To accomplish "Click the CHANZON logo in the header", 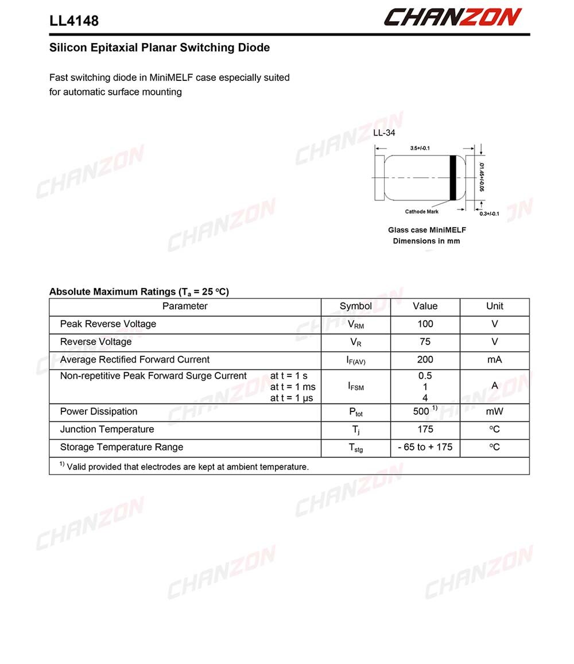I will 452,17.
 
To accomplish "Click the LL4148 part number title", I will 74,21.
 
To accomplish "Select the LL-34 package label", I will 384,133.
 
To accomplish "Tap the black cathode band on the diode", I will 452,177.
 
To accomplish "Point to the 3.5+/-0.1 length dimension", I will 420,148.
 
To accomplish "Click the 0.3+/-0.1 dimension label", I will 489,214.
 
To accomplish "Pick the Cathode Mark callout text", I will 421,212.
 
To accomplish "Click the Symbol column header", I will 355,306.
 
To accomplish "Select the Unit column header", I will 494,306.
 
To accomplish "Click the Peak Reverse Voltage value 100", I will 425,324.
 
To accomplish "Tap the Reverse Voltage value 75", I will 425,342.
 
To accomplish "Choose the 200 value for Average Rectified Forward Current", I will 425,360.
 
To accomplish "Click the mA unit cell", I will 494,360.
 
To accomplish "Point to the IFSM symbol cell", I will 356,387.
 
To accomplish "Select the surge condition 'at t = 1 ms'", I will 293,387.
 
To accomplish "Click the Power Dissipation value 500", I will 421,411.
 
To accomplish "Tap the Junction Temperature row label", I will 107,429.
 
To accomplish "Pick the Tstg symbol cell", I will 356,448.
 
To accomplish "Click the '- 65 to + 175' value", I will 425,447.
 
